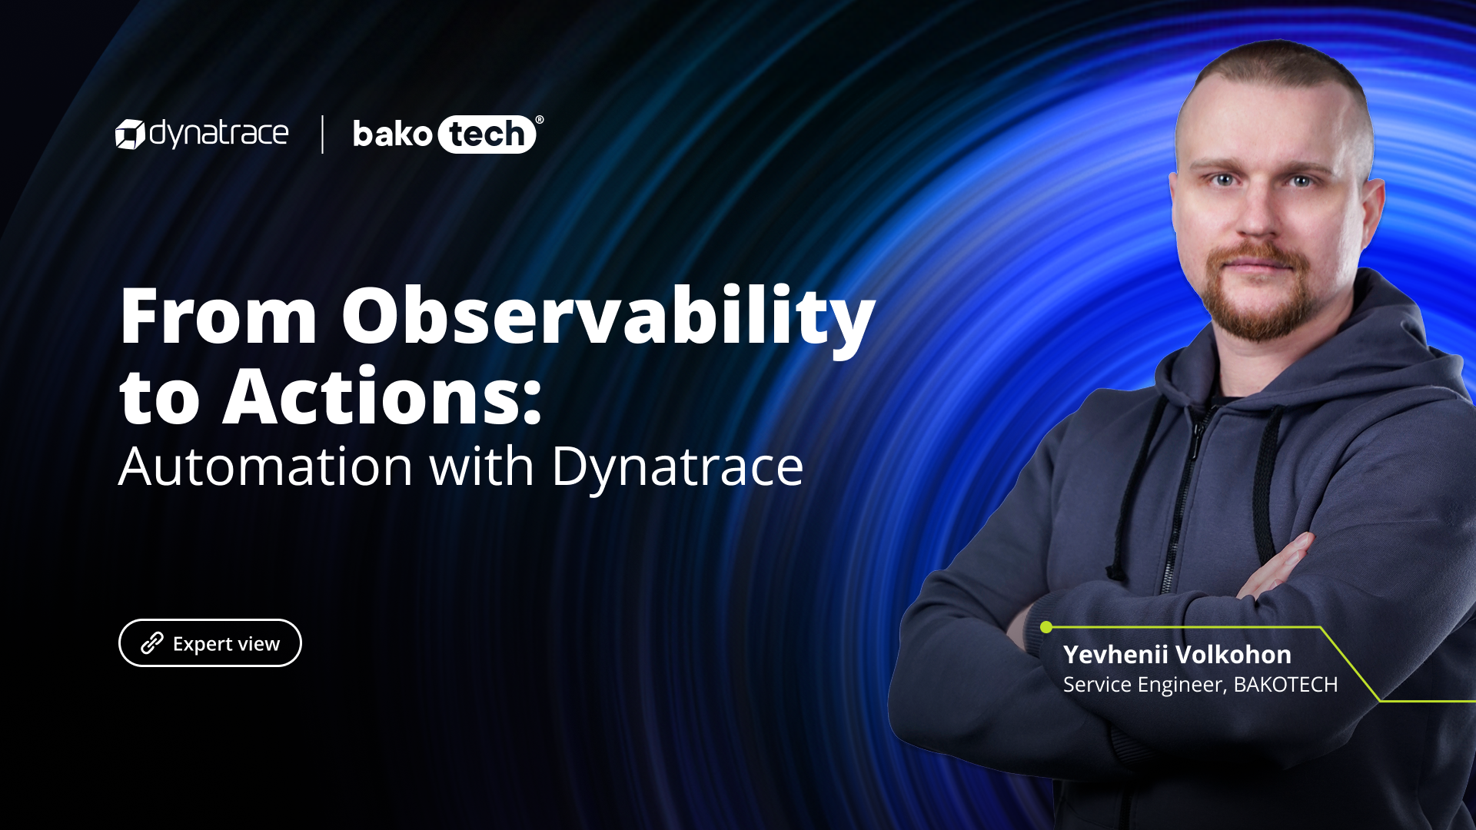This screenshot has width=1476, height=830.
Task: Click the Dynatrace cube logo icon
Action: (x=130, y=134)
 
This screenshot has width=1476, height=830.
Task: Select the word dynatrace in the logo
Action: (x=219, y=134)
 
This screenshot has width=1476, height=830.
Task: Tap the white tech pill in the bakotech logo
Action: (x=487, y=134)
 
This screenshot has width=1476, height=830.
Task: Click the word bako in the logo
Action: (x=392, y=134)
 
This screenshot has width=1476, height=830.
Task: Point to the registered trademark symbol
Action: (x=539, y=120)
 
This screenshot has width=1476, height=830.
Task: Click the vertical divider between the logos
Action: (x=322, y=134)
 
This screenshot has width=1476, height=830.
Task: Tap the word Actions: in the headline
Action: (x=382, y=397)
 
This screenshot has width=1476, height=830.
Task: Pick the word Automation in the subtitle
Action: (x=266, y=466)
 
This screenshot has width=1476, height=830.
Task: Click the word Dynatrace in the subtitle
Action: (x=677, y=466)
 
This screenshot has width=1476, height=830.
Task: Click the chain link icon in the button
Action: (x=152, y=643)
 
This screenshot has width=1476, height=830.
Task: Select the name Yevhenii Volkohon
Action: (x=1177, y=655)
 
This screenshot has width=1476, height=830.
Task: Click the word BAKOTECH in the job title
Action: (x=1285, y=685)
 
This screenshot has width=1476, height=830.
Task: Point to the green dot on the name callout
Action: (x=1046, y=627)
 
